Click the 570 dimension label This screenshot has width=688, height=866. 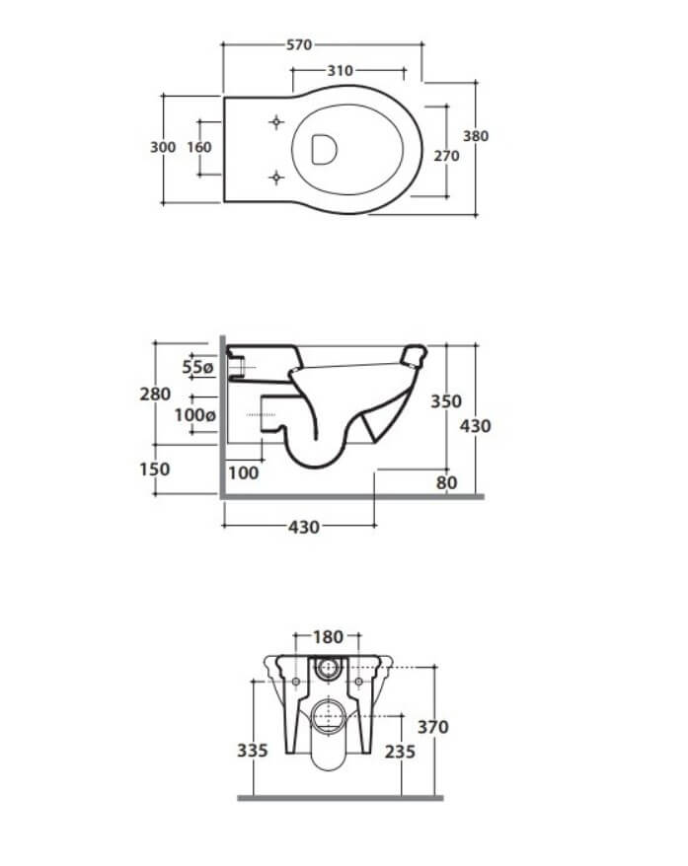click(x=299, y=44)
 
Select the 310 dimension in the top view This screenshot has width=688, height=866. click(x=340, y=71)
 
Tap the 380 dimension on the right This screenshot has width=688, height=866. click(x=476, y=136)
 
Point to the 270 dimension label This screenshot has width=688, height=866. click(x=446, y=156)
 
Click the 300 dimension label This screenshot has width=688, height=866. click(x=163, y=147)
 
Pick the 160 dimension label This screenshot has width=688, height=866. click(x=199, y=147)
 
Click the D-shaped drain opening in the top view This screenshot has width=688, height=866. click(x=324, y=149)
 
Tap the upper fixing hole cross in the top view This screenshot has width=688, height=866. click(x=276, y=122)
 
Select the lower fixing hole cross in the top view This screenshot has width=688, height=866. click(x=276, y=178)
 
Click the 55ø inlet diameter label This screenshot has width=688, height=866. click(x=197, y=367)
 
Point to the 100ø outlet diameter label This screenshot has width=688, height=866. click(x=195, y=415)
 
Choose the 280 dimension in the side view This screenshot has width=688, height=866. click(x=155, y=395)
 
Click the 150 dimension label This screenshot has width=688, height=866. click(x=155, y=469)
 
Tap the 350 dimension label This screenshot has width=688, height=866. click(x=446, y=401)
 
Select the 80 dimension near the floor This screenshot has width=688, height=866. click(x=446, y=482)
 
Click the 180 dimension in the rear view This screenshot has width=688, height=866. click(x=329, y=637)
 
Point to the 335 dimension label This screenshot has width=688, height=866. click(x=253, y=751)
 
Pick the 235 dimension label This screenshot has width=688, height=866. click(x=400, y=752)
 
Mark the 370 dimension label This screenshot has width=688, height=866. click(x=432, y=727)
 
